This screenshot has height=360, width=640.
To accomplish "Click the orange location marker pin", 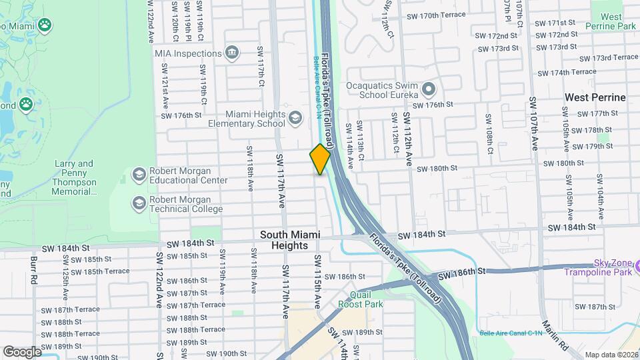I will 320,159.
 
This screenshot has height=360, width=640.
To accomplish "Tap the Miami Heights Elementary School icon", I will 295,119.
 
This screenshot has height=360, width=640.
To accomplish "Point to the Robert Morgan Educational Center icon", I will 139,175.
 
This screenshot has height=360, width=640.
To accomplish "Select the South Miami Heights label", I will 290,240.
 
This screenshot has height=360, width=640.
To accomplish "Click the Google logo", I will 22,351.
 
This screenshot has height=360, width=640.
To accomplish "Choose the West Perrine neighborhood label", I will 595,97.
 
